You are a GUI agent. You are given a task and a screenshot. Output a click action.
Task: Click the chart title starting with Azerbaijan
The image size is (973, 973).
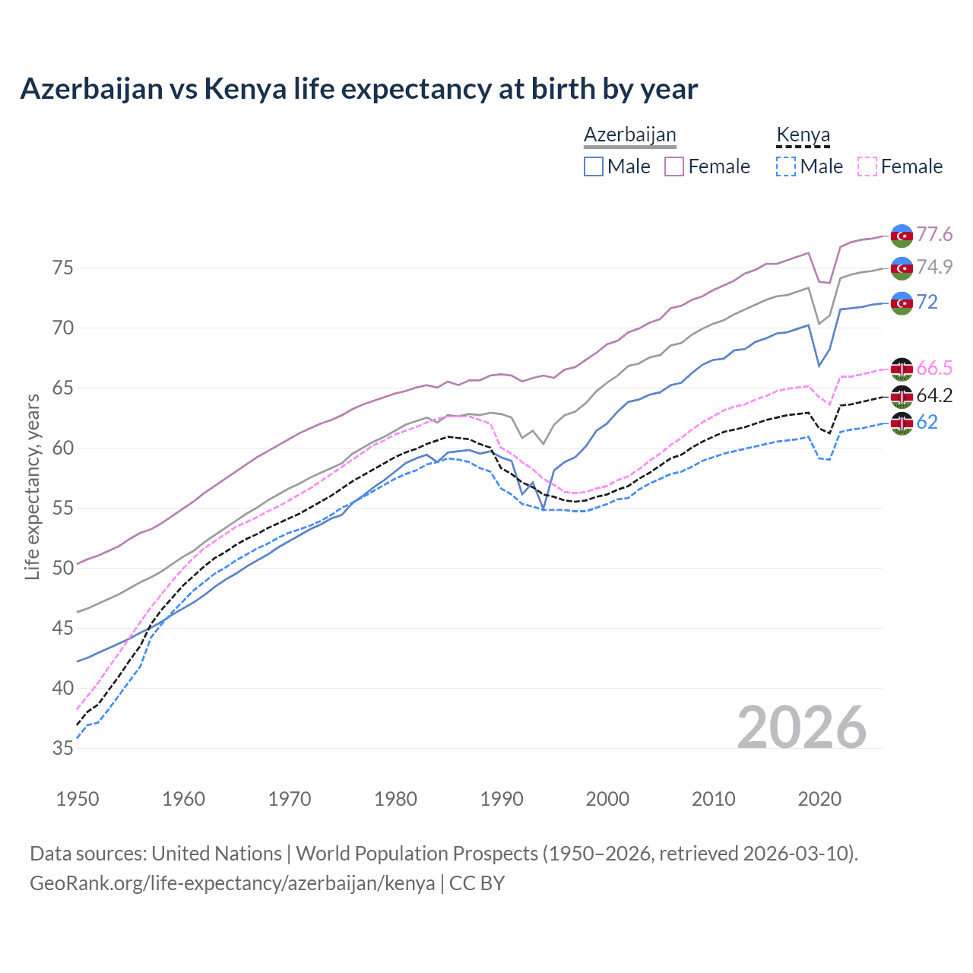tap(359, 89)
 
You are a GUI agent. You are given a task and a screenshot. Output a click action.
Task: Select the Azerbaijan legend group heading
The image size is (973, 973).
tap(629, 135)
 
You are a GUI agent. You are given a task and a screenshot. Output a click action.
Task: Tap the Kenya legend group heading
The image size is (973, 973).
tap(803, 135)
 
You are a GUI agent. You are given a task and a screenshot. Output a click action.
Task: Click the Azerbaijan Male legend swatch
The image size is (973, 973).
tap(594, 166)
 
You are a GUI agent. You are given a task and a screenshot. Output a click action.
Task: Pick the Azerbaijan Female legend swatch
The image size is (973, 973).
tap(674, 166)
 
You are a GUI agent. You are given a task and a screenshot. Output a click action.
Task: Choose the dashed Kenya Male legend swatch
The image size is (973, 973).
tap(786, 166)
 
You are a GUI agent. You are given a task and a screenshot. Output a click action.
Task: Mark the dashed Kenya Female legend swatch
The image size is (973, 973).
tap(867, 166)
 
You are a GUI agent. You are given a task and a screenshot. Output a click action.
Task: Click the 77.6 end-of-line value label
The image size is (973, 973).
tap(934, 234)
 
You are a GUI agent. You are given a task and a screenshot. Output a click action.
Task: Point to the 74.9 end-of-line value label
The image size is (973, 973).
tap(934, 267)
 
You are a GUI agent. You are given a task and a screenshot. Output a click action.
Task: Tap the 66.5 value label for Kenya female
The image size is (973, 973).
tap(934, 369)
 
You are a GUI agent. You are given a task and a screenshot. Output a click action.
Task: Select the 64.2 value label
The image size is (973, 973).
tap(934, 395)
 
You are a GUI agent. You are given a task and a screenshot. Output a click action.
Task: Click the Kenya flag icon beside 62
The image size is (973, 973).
tap(902, 423)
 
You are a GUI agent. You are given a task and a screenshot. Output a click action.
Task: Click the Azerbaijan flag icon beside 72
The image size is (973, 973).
tap(902, 303)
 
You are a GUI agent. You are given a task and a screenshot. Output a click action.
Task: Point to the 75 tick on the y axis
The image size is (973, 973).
tap(63, 268)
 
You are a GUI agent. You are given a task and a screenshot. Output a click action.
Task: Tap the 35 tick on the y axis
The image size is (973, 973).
tap(63, 748)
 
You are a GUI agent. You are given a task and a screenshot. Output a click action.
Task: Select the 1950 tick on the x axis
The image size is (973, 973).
tap(78, 799)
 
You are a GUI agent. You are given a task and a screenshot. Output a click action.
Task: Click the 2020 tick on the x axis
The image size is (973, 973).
tap(819, 799)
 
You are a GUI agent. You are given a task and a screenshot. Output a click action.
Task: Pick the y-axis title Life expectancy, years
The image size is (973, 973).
tap(32, 486)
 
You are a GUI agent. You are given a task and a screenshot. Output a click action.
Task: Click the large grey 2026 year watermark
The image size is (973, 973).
tap(802, 727)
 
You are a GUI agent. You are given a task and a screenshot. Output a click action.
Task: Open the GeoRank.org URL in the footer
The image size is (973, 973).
tap(232, 883)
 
